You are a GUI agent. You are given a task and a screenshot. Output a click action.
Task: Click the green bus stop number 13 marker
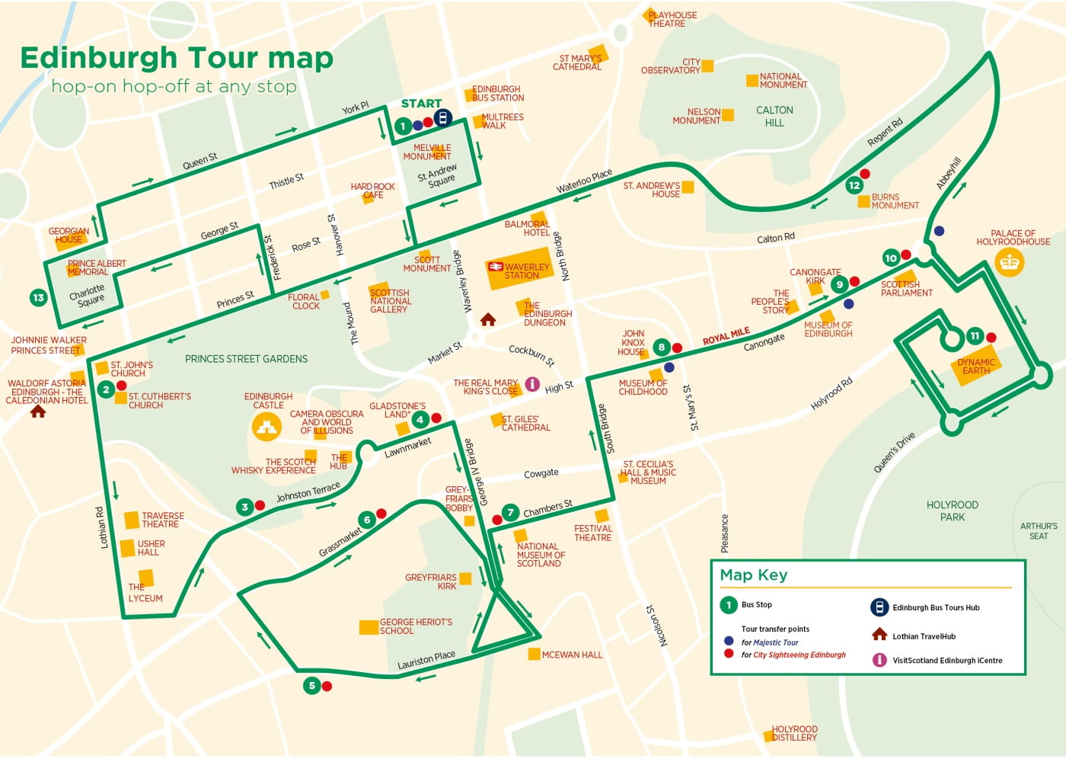point(38,297)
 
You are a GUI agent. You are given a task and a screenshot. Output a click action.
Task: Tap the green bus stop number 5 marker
point(311,686)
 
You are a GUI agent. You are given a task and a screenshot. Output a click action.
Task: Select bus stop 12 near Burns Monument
point(854,185)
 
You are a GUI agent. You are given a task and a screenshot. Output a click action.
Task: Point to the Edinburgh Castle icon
point(266,428)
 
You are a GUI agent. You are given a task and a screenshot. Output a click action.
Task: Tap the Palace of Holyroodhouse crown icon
point(1009,262)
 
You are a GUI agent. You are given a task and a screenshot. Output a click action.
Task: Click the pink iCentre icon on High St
point(533,384)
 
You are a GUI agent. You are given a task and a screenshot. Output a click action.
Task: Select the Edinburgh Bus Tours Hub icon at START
point(442,118)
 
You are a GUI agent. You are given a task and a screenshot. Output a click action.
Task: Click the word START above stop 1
point(421,104)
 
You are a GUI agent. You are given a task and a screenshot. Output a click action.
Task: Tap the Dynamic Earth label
point(975,367)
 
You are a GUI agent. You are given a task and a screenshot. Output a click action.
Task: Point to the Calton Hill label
point(774,116)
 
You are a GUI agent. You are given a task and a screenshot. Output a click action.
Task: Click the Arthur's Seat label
point(1038,530)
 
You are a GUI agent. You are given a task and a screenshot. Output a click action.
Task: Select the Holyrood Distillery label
point(794,733)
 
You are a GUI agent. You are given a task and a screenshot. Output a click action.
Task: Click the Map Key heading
point(754,575)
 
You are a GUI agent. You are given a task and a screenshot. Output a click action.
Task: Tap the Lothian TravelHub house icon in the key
point(879,635)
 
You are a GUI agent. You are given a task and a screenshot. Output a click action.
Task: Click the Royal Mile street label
point(726,335)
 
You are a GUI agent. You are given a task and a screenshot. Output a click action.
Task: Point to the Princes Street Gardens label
point(246,359)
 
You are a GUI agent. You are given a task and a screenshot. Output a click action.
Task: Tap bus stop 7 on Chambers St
point(510,513)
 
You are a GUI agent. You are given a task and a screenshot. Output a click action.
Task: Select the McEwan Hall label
point(572,655)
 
